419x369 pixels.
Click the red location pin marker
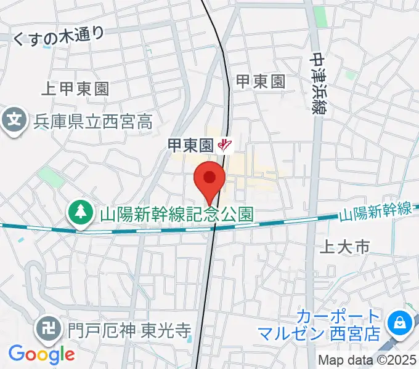pyautogui.click(x=209, y=180)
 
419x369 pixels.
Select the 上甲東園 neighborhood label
pyautogui.click(x=75, y=89)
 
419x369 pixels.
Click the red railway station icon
pyautogui.click(x=226, y=145)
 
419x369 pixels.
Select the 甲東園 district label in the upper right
pyautogui.click(x=261, y=81)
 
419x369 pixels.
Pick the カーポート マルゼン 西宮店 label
pyautogui.click(x=338, y=327)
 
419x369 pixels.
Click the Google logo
pyautogui.click(x=41, y=354)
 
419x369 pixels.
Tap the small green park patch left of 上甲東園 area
pyautogui.click(x=51, y=177)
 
